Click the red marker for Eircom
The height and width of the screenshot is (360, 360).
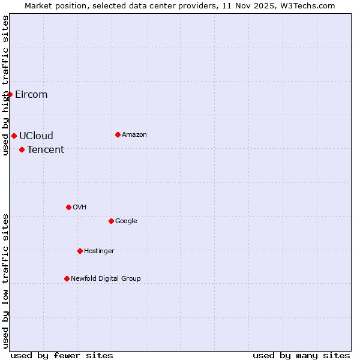(10, 94)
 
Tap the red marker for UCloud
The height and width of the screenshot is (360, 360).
(14, 136)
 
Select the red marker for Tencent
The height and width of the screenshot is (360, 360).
(22, 149)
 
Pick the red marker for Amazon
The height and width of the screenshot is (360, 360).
(118, 134)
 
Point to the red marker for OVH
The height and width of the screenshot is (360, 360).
(68, 207)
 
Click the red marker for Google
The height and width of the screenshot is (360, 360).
(111, 221)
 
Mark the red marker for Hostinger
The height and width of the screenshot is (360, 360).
(80, 251)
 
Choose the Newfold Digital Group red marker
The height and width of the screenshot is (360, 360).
(67, 278)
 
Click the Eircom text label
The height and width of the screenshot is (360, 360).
(31, 95)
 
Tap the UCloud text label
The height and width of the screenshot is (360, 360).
(36, 136)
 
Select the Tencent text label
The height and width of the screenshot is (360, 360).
(46, 150)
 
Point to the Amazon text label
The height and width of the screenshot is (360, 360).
(134, 135)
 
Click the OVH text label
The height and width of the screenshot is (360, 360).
(80, 208)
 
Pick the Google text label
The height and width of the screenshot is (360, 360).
(126, 221)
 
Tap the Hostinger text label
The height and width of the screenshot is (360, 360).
(99, 251)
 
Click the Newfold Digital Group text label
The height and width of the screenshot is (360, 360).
(106, 279)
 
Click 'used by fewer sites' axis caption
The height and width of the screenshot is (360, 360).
(62, 355)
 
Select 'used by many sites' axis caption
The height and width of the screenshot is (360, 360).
(301, 355)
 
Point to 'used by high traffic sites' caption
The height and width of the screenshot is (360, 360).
(6, 85)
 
